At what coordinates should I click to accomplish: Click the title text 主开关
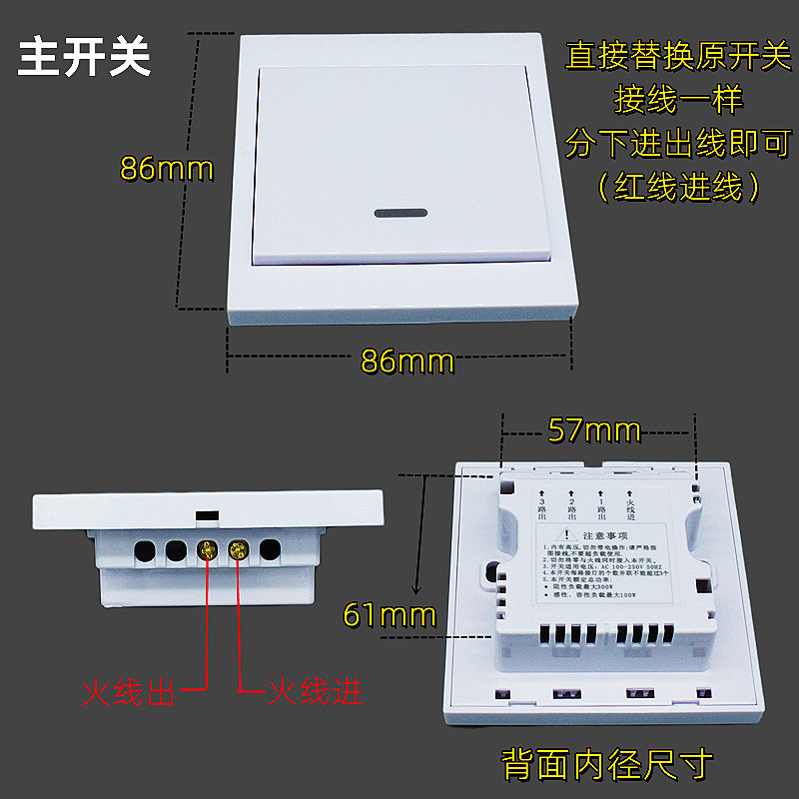(x=85, y=58)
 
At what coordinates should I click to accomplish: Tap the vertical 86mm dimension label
(x=167, y=168)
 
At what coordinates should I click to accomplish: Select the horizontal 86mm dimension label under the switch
(x=406, y=361)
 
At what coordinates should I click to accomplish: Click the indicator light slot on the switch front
(x=400, y=213)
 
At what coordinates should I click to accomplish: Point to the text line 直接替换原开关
(x=677, y=55)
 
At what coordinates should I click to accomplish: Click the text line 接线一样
(x=678, y=99)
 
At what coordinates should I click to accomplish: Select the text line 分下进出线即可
(x=677, y=143)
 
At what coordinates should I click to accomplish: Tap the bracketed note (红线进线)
(x=678, y=187)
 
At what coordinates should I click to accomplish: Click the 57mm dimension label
(x=594, y=430)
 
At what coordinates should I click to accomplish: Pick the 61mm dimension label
(x=390, y=614)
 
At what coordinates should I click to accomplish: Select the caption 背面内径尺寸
(x=607, y=764)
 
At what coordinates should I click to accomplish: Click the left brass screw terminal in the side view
(x=208, y=550)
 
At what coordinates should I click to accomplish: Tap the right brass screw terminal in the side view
(x=239, y=550)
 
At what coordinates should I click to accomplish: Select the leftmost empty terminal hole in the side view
(x=145, y=550)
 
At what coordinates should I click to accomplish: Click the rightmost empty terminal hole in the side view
(x=270, y=550)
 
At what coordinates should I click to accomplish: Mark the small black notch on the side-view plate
(x=207, y=515)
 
